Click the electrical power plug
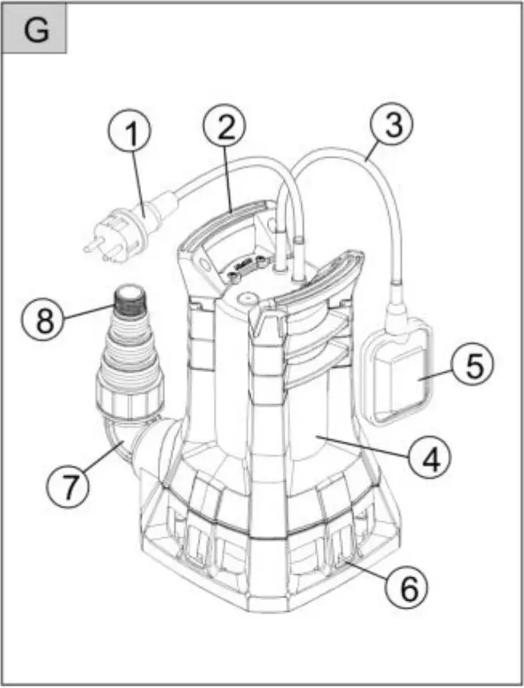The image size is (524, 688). click(120, 227)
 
